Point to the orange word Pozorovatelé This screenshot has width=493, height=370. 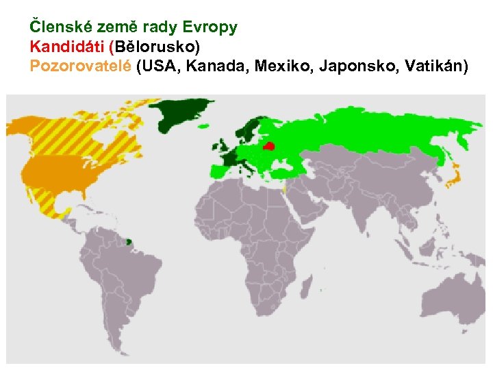pos(80,66)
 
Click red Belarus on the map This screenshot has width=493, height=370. pos(269,146)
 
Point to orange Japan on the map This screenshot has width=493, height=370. pos(453,179)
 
